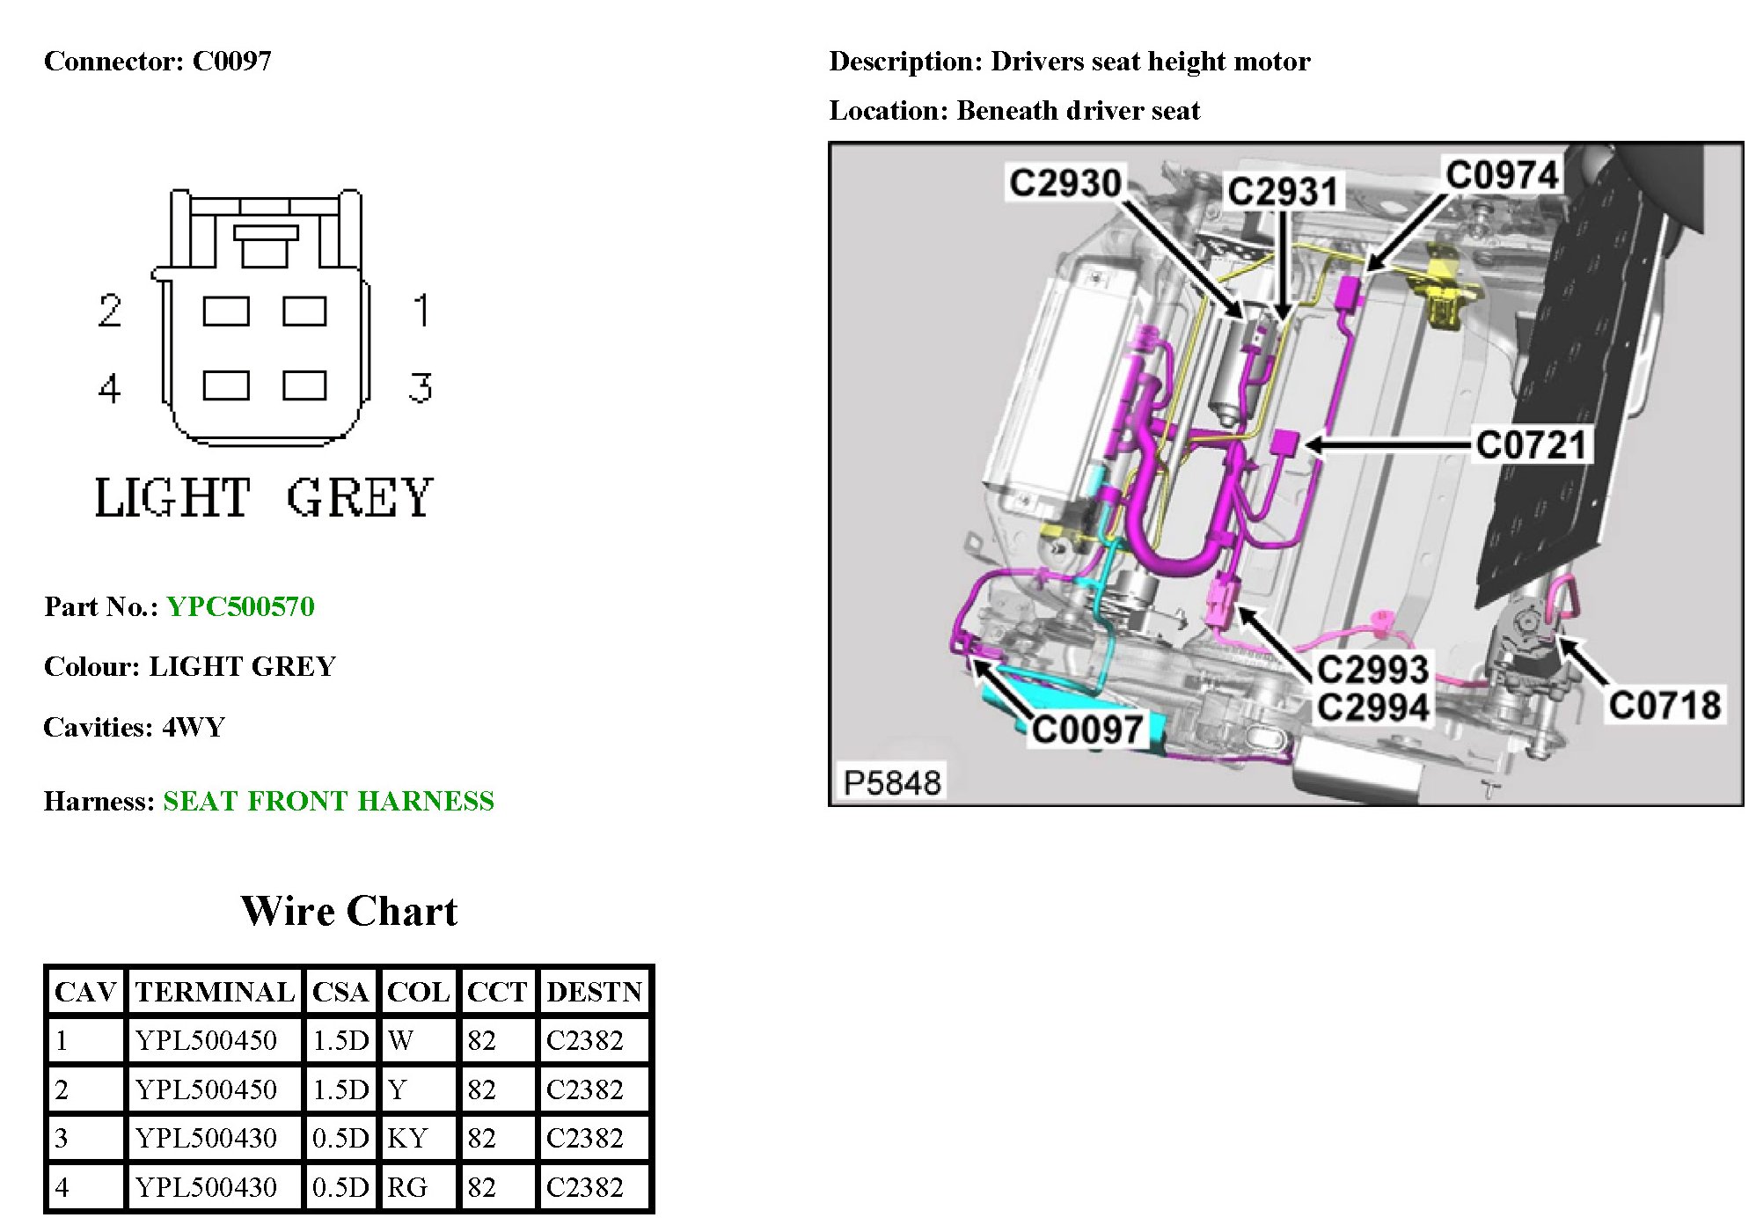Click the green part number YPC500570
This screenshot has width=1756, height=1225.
[x=240, y=606]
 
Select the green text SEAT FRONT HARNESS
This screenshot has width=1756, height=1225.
[x=328, y=801]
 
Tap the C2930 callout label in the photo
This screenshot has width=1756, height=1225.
[x=1065, y=183]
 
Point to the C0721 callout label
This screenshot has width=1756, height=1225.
[x=1532, y=444]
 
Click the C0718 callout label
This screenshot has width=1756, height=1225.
[x=1665, y=705]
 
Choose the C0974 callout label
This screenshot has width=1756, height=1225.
[x=1502, y=174]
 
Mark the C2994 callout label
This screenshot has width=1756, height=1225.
[x=1372, y=708]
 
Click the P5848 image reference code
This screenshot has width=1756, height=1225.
[x=892, y=782]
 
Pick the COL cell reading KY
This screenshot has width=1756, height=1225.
[x=407, y=1138]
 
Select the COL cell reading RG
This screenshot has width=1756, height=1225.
[x=407, y=1187]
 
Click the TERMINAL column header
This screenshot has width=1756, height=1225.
[x=215, y=992]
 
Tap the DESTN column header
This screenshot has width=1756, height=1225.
[x=595, y=992]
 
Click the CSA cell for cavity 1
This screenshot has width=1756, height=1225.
[x=340, y=1040]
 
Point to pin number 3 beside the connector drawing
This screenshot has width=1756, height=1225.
[x=421, y=387]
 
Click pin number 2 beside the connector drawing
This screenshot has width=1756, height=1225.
[x=110, y=310]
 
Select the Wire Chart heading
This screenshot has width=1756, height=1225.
[x=349, y=911]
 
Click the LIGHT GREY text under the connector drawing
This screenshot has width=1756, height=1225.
[x=263, y=497]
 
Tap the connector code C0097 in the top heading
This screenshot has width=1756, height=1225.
[x=232, y=61]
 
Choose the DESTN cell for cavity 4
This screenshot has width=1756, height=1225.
[x=584, y=1187]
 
